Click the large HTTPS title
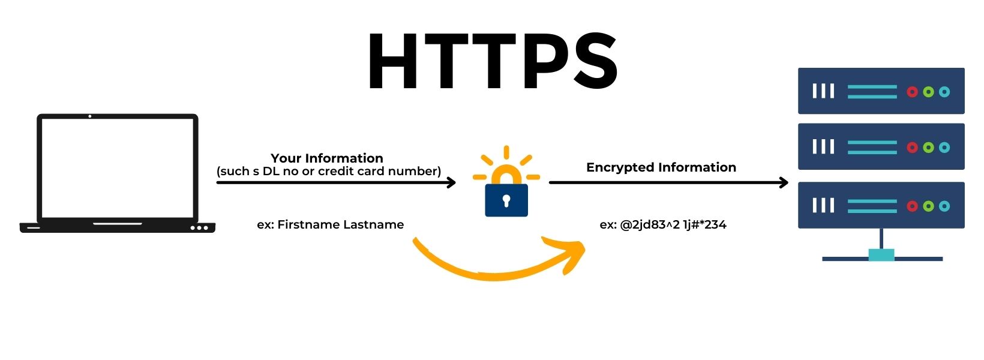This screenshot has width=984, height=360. pyautogui.click(x=492, y=61)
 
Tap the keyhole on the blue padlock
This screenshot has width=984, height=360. pyautogui.click(x=506, y=200)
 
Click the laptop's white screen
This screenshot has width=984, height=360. pyautogui.click(x=118, y=168)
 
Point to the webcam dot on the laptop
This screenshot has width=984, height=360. pyautogui.click(x=89, y=116)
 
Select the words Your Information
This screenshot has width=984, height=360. pyautogui.click(x=326, y=158)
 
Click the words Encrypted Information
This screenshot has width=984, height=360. pyautogui.click(x=661, y=167)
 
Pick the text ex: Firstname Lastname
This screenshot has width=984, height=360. pyautogui.click(x=330, y=225)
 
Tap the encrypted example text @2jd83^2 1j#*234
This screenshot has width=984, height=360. pyautogui.click(x=673, y=225)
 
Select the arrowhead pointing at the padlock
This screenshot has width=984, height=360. pyautogui.click(x=451, y=182)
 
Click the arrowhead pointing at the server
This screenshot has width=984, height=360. pyautogui.click(x=783, y=182)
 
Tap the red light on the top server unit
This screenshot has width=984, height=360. pyautogui.click(x=912, y=92)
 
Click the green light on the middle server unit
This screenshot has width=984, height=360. pyautogui.click(x=928, y=148)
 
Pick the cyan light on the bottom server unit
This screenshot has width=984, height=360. pyautogui.click(x=944, y=206)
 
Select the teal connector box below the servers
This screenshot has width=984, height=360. pyautogui.click(x=881, y=255)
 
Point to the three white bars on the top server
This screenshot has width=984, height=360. pyautogui.click(x=823, y=91)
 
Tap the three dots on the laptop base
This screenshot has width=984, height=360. pyautogui.click(x=199, y=228)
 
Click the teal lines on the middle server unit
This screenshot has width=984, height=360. pyautogui.click(x=872, y=148)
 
